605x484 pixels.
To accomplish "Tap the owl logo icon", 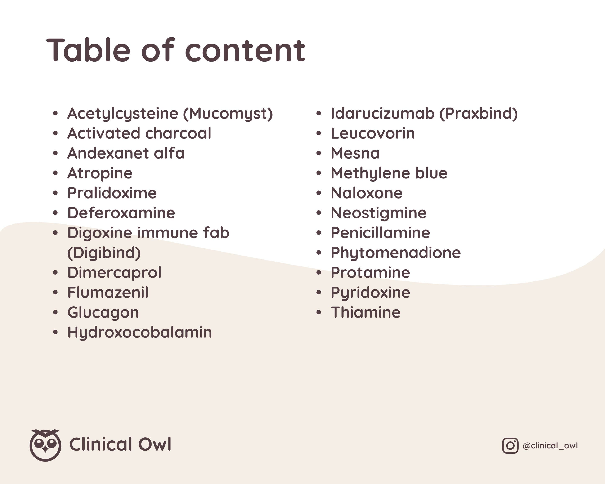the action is coord(45,445).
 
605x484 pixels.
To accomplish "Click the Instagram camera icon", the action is coord(510,445).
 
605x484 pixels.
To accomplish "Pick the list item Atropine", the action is coord(100,173).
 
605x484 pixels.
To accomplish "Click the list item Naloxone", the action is coord(367,193).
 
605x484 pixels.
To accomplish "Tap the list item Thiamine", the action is coord(366,312).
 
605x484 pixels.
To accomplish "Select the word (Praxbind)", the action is coord(478,114).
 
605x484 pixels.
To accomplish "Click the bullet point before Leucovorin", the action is coord(318,133).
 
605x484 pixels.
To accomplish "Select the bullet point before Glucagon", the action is coord(55,312).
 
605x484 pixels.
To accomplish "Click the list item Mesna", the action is coord(355,153).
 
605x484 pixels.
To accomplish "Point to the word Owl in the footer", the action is coord(155,444).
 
